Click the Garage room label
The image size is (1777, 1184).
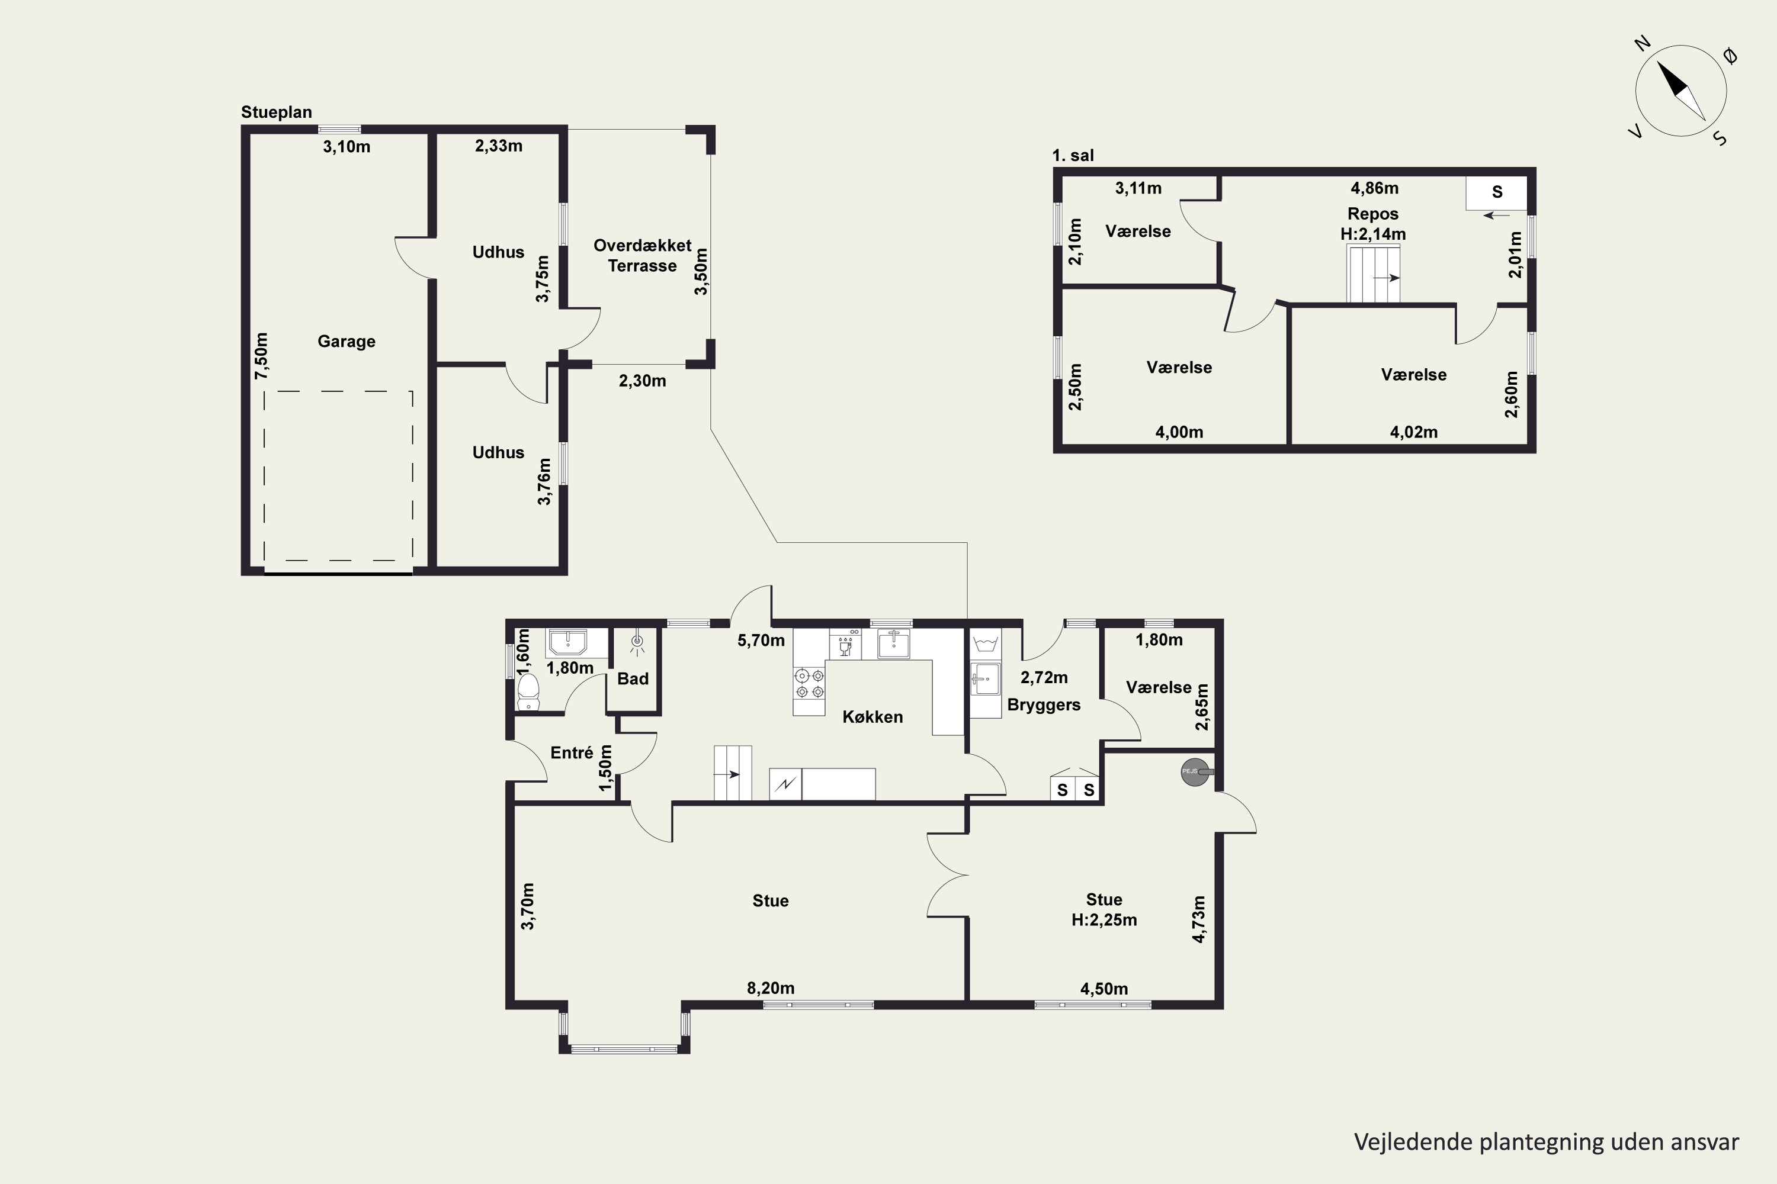click(346, 342)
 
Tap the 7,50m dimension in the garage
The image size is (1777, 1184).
click(261, 356)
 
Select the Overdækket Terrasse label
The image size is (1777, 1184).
click(642, 255)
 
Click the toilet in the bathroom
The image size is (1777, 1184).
click(528, 691)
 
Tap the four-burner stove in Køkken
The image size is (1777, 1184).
click(809, 683)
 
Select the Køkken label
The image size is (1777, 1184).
click(873, 716)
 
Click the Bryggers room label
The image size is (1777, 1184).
click(1043, 705)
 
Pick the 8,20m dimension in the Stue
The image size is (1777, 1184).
click(771, 987)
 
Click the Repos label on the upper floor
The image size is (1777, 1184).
click(1373, 214)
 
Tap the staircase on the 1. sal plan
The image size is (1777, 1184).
click(1374, 272)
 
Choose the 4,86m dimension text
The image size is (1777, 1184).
click(1374, 188)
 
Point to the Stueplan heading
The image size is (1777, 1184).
click(277, 112)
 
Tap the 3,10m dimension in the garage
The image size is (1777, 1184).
click(347, 146)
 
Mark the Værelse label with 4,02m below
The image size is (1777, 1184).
click(1413, 375)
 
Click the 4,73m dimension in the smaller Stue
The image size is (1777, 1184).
click(1198, 919)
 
